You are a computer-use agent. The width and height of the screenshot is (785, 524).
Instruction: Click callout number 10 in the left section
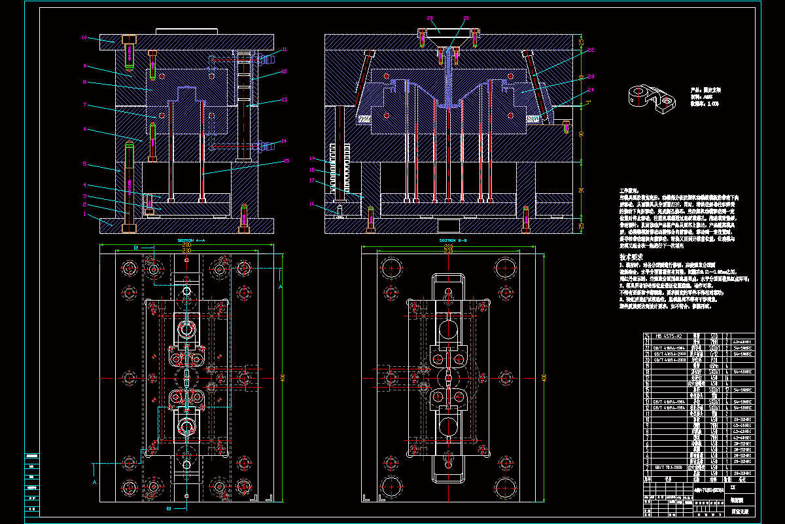tap(84, 38)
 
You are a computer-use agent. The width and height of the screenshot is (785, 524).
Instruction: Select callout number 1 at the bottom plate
tap(84, 214)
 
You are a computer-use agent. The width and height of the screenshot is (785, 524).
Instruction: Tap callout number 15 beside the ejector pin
tap(286, 161)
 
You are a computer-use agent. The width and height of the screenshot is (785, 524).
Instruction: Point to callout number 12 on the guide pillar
tap(285, 71)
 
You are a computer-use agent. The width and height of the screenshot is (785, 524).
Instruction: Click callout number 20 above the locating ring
tap(430, 18)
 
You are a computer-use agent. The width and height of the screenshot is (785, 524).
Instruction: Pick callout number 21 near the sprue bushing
tap(466, 18)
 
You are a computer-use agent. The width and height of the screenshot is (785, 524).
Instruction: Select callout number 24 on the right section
tap(591, 89)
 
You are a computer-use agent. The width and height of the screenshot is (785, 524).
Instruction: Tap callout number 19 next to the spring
tap(313, 159)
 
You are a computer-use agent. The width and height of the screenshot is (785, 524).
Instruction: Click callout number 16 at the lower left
tap(313, 204)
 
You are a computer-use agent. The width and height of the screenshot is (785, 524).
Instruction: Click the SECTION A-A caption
tap(191, 240)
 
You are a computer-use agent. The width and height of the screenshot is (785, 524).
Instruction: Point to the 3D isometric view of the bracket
tap(651, 97)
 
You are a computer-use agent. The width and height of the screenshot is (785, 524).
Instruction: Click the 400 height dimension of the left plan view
tap(283, 377)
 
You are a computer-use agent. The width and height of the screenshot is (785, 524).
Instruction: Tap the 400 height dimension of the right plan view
tap(544, 377)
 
